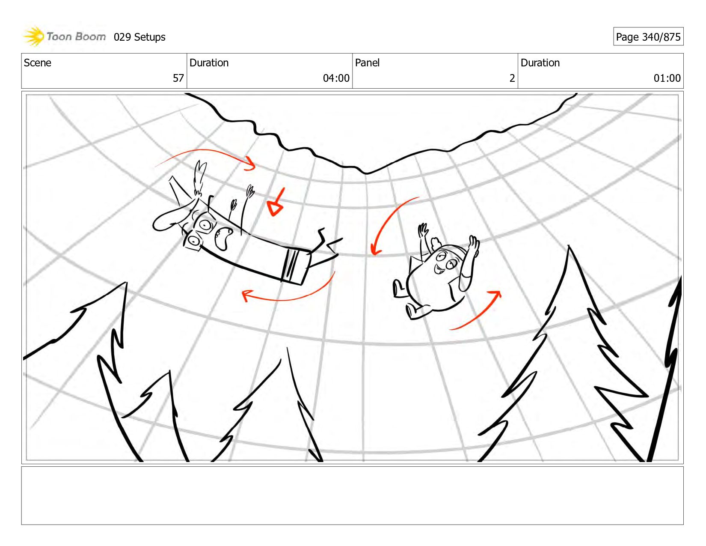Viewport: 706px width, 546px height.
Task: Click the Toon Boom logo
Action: coord(64,36)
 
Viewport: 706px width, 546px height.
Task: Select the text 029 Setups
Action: coord(139,37)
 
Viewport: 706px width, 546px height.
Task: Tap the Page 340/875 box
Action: coord(648,36)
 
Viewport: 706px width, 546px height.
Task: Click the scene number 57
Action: coord(178,78)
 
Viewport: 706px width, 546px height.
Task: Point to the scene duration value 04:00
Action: coord(336,78)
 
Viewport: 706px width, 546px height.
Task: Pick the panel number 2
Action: coord(512,78)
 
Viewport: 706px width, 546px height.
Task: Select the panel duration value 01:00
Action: coord(667,78)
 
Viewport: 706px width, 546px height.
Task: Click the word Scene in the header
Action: coord(37,63)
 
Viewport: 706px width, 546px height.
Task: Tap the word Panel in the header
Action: coord(367,63)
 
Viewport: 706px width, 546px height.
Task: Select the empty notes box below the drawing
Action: coord(353,495)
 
